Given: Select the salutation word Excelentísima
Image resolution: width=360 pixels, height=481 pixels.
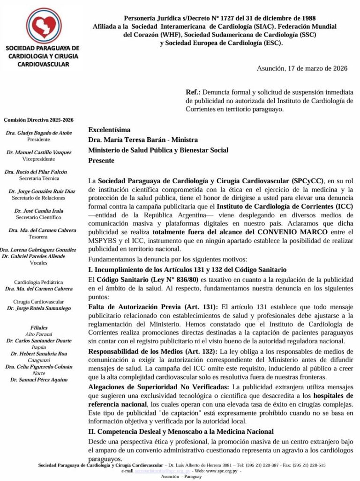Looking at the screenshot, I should point(109,130).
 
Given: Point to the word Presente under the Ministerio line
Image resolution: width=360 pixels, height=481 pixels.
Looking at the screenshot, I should point(101,161).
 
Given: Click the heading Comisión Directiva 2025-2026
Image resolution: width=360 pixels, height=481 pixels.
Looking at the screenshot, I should point(38,120).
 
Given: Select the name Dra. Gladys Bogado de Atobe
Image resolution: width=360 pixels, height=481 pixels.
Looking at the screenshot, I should point(39,133).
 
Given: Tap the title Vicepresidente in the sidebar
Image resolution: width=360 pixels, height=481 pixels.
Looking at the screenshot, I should point(39,159).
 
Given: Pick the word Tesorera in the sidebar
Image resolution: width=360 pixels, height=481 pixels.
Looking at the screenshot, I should point(39,237).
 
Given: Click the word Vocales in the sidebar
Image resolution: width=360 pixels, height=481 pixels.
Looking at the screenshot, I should point(38,263).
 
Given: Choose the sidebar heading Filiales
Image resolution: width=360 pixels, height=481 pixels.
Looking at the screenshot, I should point(39,328).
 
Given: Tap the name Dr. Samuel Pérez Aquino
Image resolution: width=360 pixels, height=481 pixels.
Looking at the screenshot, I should point(39,379).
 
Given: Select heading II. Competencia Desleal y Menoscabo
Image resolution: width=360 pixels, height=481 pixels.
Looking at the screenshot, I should point(181,432).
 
